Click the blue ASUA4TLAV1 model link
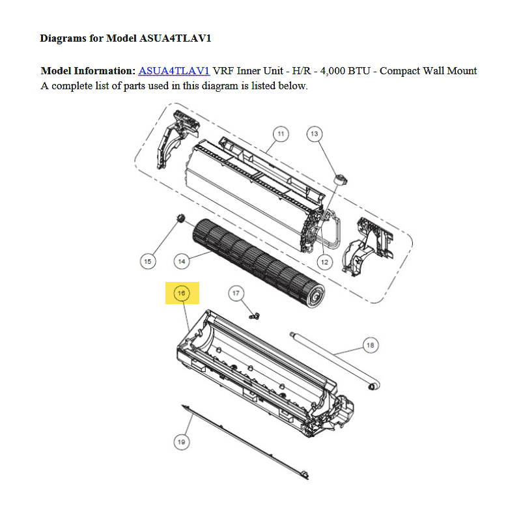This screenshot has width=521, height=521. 174,71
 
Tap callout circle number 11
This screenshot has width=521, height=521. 281,134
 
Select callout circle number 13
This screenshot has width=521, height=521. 315,134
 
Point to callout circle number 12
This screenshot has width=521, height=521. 324,262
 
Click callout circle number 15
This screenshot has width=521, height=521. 148,261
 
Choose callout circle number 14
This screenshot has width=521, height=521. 182,261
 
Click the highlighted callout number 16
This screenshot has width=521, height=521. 182,293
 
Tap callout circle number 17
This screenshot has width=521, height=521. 236,293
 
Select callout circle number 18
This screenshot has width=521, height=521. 371,345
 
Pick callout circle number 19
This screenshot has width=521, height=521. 182,442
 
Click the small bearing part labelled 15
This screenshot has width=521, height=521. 180,218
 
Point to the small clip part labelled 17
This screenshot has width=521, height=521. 255,316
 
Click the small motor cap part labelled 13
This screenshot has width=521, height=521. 341,180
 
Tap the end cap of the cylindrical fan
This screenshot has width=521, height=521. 315,294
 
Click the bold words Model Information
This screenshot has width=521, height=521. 88,71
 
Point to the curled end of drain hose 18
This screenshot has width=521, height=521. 373,386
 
